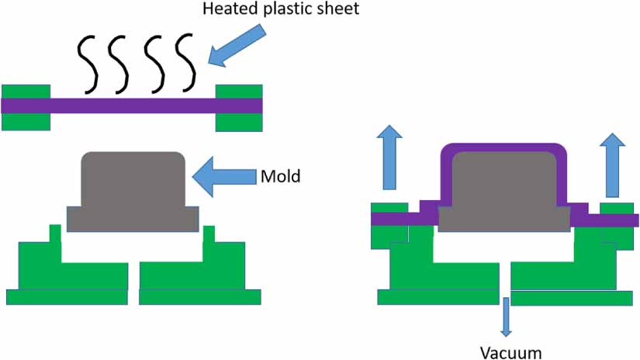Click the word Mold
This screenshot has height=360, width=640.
pos(280,176)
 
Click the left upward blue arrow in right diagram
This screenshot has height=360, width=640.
pos(389,161)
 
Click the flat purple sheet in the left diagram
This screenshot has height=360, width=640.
pos(132,106)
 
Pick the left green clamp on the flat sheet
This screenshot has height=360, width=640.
pos(26,106)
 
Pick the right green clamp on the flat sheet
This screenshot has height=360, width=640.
pos(239,106)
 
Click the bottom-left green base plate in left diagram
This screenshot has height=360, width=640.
pos(67,296)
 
